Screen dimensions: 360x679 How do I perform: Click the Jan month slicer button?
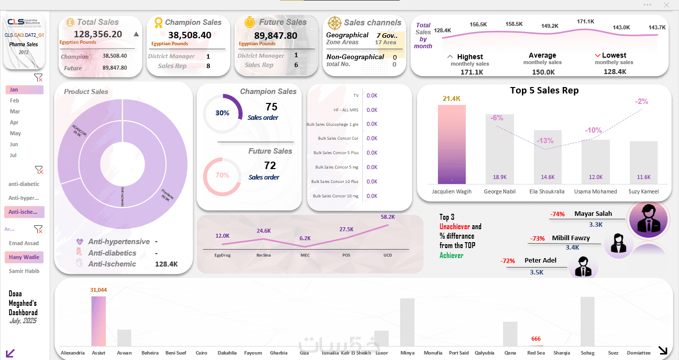pos(24,90)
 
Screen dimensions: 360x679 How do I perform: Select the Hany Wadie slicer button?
pos(24,258)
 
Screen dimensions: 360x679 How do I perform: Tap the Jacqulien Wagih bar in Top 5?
pos(451,144)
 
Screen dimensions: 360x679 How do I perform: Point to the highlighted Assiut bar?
pos(98,321)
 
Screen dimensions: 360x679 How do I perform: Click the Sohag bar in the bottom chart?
pos(587,321)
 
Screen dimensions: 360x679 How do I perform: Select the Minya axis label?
pos(407,353)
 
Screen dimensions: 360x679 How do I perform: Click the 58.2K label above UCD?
pos(388,217)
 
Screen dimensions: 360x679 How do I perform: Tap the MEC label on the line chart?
pos(305,256)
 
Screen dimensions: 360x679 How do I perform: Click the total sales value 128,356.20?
pos(98,34)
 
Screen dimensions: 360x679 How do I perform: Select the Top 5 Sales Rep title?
pos(544,90)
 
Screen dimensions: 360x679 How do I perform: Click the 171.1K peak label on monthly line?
pos(586,22)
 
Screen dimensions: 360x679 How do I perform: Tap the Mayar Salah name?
pos(593,214)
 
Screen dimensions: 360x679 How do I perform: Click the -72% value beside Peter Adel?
pos(508,261)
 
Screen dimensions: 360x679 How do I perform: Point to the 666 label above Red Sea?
pos(535,339)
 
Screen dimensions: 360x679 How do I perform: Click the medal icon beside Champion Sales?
pos(159,22)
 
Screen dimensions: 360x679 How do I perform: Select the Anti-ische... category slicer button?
pos(24,212)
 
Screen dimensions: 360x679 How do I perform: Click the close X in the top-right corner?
pos(667,5)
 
